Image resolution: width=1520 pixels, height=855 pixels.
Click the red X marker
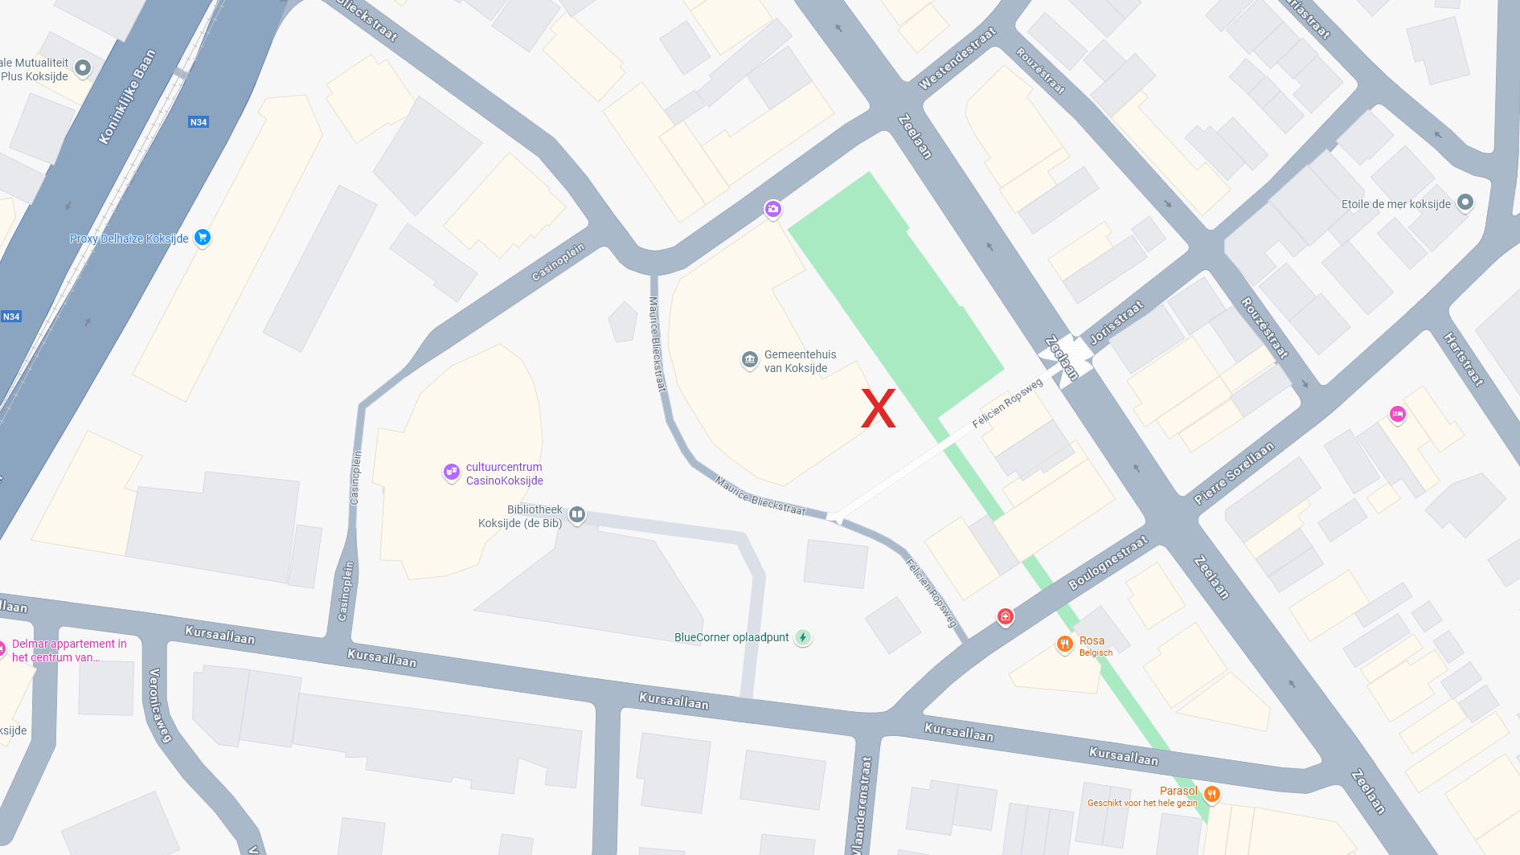(x=878, y=408)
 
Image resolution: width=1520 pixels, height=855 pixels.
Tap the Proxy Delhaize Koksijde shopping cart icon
(x=203, y=237)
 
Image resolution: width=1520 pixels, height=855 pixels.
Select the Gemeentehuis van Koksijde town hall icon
(x=749, y=359)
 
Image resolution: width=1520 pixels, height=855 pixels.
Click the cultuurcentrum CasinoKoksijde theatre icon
(x=452, y=472)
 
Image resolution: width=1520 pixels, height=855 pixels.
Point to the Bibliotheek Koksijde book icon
(x=576, y=514)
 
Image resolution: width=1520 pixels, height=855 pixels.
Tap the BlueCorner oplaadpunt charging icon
(x=802, y=637)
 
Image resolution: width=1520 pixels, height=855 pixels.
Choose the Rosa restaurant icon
(x=1064, y=644)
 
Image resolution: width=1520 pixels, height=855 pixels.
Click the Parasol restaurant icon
(x=1211, y=794)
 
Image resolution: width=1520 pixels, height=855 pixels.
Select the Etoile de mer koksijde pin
(x=1465, y=202)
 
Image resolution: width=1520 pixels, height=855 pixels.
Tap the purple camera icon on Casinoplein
(x=772, y=209)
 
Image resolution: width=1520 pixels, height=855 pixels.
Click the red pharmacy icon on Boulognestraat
(x=1005, y=616)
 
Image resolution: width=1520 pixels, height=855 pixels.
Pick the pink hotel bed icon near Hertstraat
(x=1397, y=414)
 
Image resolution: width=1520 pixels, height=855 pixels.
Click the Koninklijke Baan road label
(x=126, y=97)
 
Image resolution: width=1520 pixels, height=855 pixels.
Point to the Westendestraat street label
(x=957, y=58)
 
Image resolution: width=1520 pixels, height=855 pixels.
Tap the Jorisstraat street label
(x=1116, y=322)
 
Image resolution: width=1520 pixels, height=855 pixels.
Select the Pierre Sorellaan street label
(x=1234, y=472)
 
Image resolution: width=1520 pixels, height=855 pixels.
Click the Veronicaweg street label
(x=160, y=705)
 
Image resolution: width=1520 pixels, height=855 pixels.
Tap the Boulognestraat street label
(x=1108, y=562)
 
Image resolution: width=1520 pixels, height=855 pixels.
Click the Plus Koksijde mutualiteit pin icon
(x=83, y=68)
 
